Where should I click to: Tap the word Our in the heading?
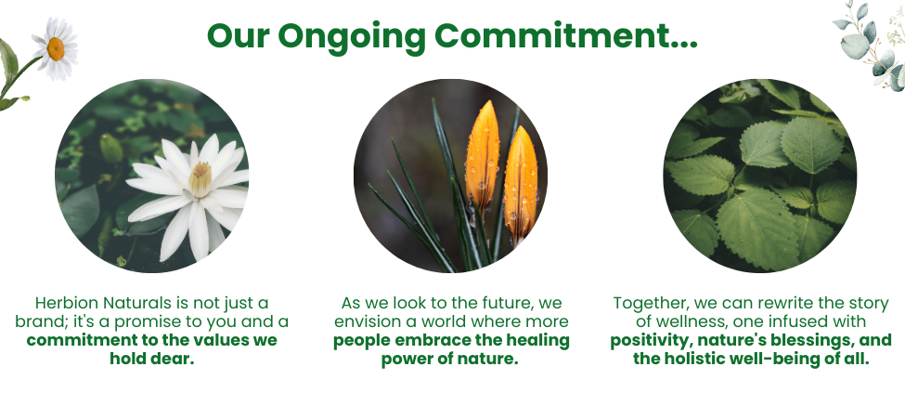coord(238,35)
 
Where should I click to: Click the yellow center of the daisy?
coord(56,47)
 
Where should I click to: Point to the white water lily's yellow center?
coord(200,178)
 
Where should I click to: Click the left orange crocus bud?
coord(482,152)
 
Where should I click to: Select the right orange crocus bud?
coord(520,181)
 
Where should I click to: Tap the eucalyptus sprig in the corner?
coord(867,42)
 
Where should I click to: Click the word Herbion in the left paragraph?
coord(67,303)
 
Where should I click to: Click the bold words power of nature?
coord(449,359)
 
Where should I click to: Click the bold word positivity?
coord(653,340)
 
